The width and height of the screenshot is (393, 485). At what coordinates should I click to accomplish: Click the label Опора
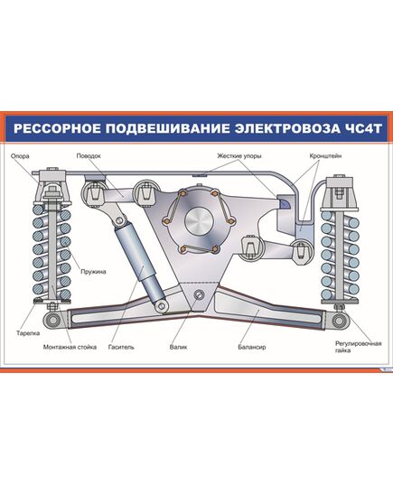[22, 155]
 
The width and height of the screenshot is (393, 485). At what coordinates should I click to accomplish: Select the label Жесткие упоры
[239, 155]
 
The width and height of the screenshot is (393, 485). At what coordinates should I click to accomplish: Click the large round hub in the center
[196, 222]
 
